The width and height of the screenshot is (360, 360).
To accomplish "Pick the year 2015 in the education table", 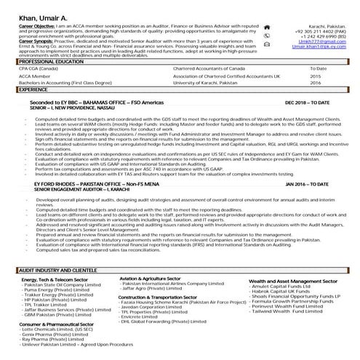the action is coord(315,76).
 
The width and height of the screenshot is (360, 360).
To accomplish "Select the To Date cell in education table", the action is coord(319,69).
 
